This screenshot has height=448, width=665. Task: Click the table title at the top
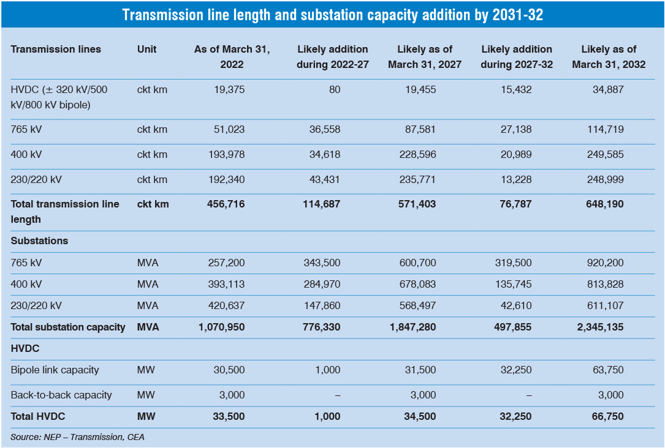click(332, 15)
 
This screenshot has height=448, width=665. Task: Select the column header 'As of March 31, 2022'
click(219, 56)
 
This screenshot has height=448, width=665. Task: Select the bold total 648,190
click(603, 204)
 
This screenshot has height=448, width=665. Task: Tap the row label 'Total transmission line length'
click(65, 211)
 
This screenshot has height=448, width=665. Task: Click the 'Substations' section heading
click(39, 241)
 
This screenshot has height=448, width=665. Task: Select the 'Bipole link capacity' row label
click(55, 370)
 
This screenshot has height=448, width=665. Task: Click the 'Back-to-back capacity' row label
click(61, 395)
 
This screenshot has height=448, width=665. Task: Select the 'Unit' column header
click(147, 49)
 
